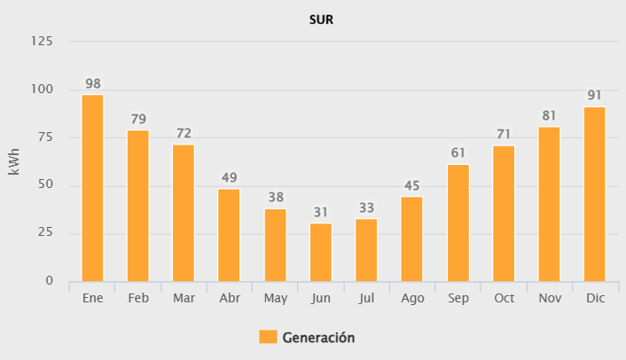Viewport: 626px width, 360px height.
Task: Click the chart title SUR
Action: (321, 19)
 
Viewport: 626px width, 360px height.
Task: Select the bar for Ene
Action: (92, 188)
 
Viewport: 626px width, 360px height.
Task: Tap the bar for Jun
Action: (321, 252)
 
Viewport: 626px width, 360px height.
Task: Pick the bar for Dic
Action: (594, 194)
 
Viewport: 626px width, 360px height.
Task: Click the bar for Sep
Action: (458, 223)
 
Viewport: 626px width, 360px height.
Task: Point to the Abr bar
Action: (230, 235)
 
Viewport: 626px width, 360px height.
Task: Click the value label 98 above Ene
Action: (92, 84)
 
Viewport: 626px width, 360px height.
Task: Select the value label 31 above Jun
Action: (321, 213)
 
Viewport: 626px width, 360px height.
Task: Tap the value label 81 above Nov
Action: (549, 116)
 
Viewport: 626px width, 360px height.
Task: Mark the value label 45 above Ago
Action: (412, 186)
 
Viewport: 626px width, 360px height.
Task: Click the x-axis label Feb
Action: (138, 298)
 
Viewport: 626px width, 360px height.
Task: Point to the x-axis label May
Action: (275, 298)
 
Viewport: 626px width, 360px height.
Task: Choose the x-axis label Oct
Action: (504, 298)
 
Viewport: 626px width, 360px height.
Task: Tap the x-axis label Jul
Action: (366, 298)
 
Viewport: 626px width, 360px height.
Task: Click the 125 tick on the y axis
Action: (43, 42)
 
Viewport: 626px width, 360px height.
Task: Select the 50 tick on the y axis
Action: (46, 185)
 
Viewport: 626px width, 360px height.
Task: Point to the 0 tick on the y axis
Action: (50, 281)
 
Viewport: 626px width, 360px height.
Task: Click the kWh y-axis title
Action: (14, 161)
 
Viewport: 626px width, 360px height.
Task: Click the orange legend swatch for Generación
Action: (268, 337)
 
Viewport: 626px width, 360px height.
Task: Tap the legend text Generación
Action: (318, 337)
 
